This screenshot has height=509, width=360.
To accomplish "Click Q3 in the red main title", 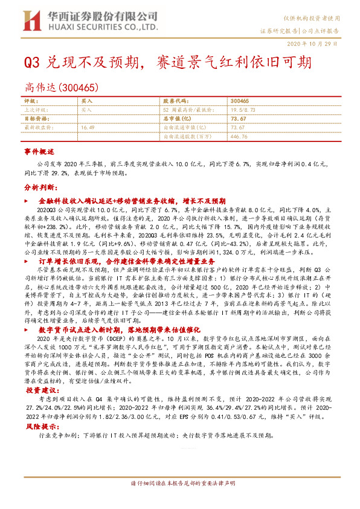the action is click(31, 63).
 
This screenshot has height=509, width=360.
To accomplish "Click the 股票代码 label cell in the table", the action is click(176, 101).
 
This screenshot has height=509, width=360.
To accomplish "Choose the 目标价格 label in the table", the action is click(36, 119).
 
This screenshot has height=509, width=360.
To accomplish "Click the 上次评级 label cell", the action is click(36, 110).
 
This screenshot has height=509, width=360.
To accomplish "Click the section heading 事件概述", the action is click(39, 151).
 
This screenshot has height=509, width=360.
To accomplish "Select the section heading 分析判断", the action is click(39, 188).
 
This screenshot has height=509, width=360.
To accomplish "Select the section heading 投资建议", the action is click(39, 391).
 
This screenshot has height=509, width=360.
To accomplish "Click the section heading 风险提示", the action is click(39, 426).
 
